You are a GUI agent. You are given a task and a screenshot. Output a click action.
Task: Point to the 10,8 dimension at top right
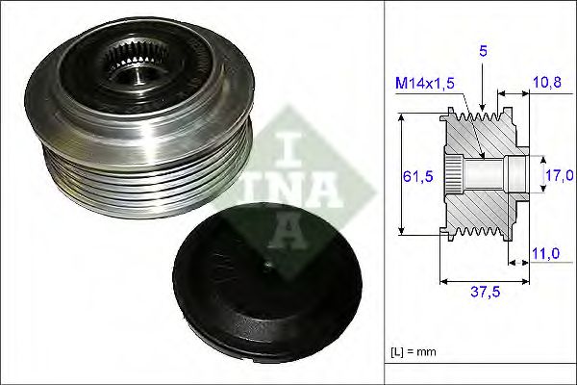click(547, 84)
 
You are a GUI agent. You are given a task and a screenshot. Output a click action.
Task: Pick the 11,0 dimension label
click(547, 253)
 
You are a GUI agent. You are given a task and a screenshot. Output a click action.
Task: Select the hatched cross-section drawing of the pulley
click(481, 176)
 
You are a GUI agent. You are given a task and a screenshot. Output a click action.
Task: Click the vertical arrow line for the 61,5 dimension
click(402, 174)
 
